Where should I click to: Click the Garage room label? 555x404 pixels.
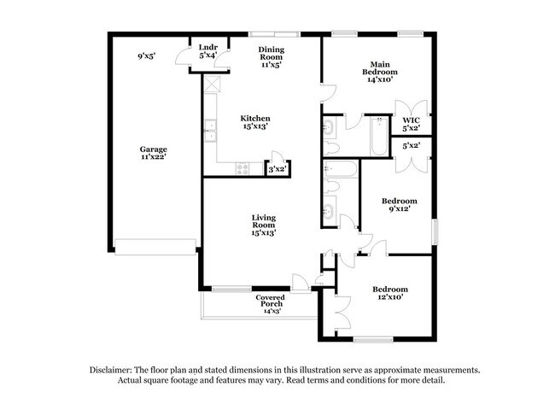pos(154,149)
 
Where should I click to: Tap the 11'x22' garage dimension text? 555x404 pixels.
pos(154,157)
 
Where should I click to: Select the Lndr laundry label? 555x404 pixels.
pos(207,47)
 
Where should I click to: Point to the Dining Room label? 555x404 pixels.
pos(272,55)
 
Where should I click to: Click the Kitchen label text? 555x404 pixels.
pos(254,118)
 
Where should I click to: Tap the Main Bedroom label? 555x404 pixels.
pos(380,68)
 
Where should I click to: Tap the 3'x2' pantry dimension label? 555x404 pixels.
pos(277,170)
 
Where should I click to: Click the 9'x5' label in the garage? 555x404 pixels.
pos(147,56)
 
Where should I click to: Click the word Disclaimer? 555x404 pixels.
pos(114,370)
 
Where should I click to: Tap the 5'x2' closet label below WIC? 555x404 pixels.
pos(411,146)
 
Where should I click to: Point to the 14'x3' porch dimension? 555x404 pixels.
pos(270,311)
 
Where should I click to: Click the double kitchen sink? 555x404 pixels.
pos(209,132)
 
